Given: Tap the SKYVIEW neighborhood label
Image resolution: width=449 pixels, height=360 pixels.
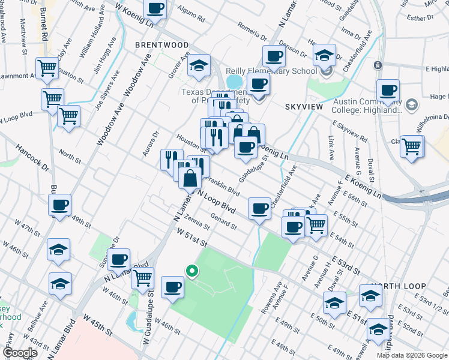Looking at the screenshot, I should (x=303, y=107).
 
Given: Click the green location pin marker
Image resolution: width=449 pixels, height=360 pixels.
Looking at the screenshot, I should (x=192, y=271).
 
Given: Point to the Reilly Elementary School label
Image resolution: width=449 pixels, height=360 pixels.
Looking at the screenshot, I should (x=271, y=71).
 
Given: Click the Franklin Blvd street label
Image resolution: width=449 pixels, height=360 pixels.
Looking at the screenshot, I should (x=223, y=186).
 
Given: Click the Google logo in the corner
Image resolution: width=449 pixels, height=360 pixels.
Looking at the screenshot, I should (x=20, y=353).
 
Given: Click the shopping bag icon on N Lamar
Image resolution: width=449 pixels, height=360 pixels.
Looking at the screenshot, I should (x=190, y=178).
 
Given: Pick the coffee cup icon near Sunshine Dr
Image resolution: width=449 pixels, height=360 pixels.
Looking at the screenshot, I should (x=119, y=259).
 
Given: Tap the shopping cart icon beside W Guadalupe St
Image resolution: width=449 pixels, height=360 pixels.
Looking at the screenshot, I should (x=143, y=278).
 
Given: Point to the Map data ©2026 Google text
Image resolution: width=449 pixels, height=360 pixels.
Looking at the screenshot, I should (x=412, y=355).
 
